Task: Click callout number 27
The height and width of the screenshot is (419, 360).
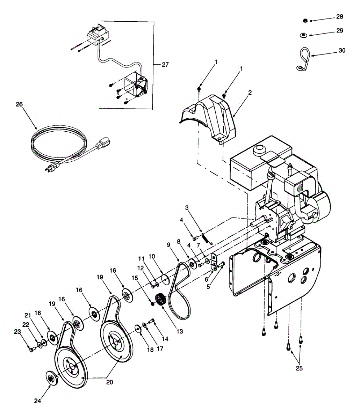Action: click(x=165, y=65)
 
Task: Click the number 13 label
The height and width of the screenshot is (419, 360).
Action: click(x=179, y=331)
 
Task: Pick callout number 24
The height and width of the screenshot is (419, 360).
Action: click(x=37, y=401)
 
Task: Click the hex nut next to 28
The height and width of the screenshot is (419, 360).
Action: click(x=305, y=21)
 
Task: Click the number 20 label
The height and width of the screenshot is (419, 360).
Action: click(x=109, y=382)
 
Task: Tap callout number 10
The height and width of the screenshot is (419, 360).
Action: click(x=152, y=256)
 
